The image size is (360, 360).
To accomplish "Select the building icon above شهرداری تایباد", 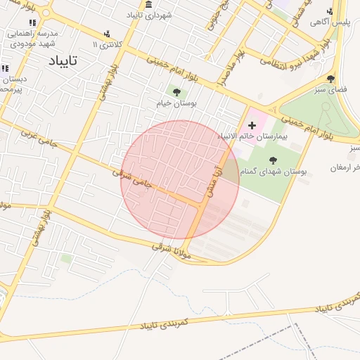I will (x=149, y=4).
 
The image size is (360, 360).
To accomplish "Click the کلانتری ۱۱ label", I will (x=107, y=44).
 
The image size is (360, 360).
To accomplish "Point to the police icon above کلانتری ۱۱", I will (x=107, y=34).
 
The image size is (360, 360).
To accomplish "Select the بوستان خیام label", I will (x=177, y=103).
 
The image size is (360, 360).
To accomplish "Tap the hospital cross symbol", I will (x=252, y=125).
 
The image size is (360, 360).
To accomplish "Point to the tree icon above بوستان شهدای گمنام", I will (x=273, y=160).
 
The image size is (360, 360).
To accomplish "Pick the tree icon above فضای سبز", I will (x=330, y=79).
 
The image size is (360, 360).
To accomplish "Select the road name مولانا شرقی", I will (x=171, y=247).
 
